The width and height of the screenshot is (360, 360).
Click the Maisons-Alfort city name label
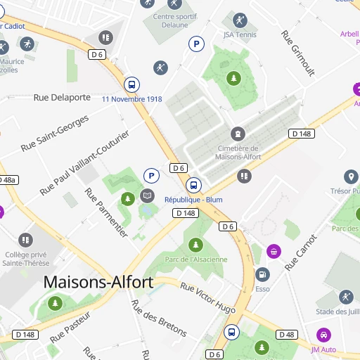[x=98, y=282]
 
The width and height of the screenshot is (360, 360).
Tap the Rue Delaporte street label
[x=62, y=97]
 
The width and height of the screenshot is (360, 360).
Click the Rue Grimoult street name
[x=297, y=53]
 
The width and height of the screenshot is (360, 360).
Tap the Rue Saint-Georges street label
[x=55, y=134]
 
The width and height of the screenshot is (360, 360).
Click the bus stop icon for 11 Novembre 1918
[x=131, y=84]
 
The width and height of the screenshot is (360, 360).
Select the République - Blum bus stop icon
[x=193, y=186]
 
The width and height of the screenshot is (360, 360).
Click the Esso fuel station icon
[x=262, y=274]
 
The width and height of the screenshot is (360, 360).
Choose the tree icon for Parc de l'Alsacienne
[x=195, y=245]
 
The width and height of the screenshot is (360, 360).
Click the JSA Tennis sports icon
[x=240, y=20]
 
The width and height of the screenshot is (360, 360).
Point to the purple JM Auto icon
[x=323, y=335]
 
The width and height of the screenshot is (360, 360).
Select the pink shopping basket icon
[x=274, y=251]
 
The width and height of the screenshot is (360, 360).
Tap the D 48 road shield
[x=286, y=335]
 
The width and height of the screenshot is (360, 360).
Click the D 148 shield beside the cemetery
[x=301, y=134]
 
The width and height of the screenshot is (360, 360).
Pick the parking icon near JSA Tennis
[x=196, y=44]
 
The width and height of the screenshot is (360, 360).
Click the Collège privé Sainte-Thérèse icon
[x=26, y=240]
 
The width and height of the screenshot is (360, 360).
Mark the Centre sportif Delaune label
[x=170, y=20]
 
